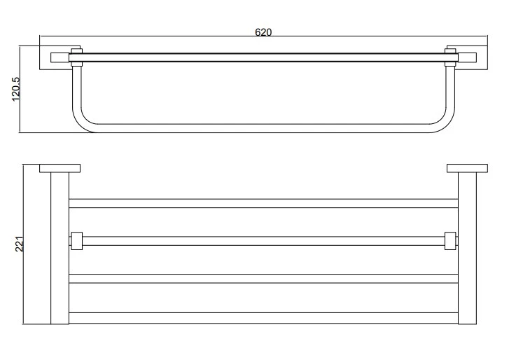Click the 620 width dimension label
(263, 32)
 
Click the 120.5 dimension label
(16, 89)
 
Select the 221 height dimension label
(20, 244)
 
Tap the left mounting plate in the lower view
(60, 168)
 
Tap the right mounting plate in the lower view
(467, 168)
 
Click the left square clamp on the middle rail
(77, 241)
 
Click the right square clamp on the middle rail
(450, 241)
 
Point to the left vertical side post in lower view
(60, 248)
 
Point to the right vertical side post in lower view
(467, 248)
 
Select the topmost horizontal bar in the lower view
(263, 203)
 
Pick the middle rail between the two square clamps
(263, 241)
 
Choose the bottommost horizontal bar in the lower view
(263, 318)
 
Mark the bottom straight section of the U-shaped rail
(263, 128)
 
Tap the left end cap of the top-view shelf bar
(60, 57)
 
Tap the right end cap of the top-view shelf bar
(467, 57)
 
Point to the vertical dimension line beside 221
(23, 244)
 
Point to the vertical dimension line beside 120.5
(20, 89)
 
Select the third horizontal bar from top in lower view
(263, 279)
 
